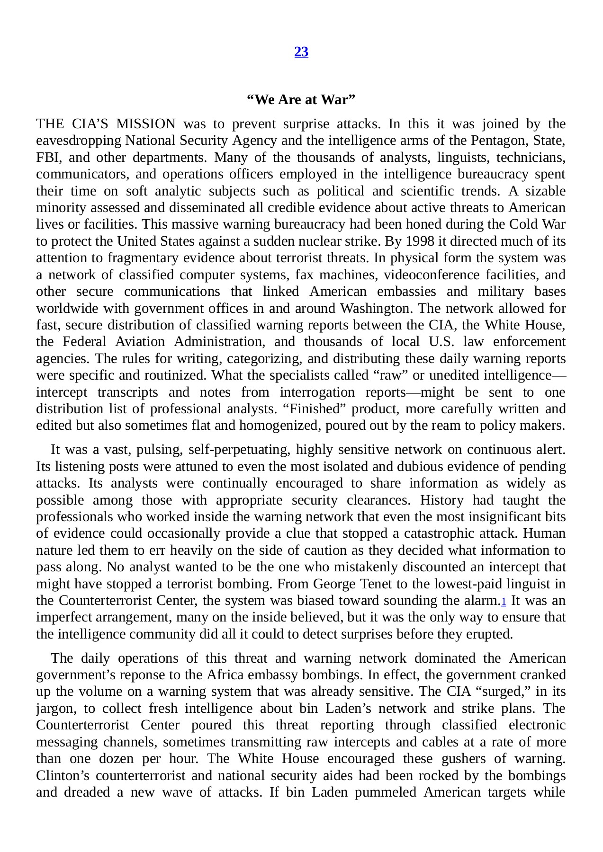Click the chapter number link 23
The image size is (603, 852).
click(301, 52)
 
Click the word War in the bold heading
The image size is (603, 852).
click(337, 100)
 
